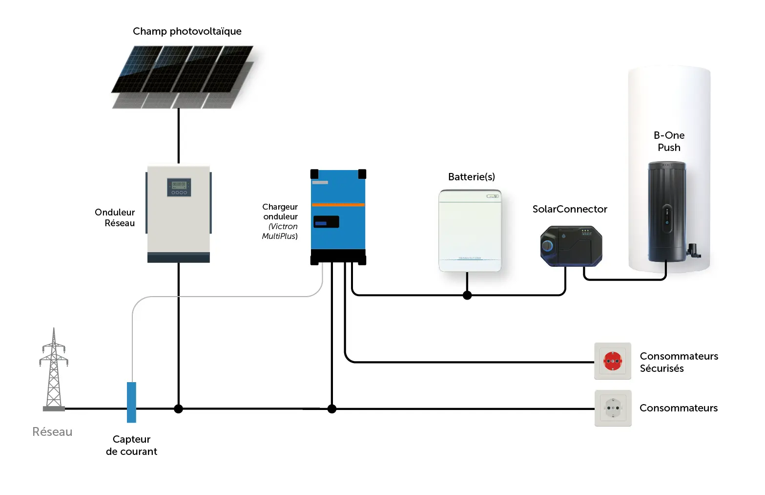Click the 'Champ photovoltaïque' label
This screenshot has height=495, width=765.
187,31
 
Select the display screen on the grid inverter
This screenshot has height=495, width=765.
179,187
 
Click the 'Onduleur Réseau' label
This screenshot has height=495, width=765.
115,217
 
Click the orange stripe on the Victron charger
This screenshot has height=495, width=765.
338,204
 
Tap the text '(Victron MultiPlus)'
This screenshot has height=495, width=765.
280,231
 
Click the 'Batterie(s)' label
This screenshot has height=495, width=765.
472,177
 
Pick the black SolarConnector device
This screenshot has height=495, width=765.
571,246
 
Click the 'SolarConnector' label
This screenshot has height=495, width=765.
570,209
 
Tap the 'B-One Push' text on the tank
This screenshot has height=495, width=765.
669,141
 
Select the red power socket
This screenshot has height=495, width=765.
613,361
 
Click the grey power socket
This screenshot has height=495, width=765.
613,408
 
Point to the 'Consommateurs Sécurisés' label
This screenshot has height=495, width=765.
679,362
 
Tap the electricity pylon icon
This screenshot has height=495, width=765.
54,369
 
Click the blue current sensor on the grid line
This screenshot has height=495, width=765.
131,402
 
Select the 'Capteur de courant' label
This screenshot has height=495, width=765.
131,445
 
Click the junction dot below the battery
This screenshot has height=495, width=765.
467,295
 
